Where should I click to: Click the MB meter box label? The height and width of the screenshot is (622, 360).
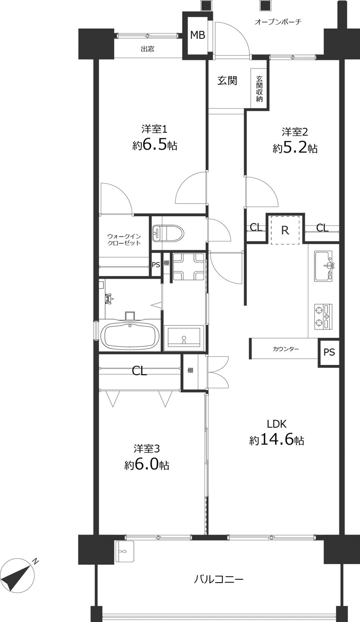click(198, 35)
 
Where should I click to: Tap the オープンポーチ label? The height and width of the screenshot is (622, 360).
click(278, 22)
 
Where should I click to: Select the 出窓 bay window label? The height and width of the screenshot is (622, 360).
click(147, 49)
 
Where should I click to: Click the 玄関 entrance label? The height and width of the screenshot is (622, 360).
click(227, 81)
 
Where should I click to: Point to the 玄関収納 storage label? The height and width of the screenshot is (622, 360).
click(259, 88)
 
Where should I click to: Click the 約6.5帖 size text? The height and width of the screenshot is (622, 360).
click(154, 145)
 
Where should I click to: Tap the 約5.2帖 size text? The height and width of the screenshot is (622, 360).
click(295, 148)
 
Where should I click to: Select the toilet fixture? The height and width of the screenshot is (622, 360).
click(168, 233)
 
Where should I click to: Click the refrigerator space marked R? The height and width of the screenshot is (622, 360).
click(285, 230)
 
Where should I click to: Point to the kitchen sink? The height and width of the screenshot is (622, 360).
click(324, 266)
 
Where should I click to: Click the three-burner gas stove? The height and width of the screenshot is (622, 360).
click(323, 317)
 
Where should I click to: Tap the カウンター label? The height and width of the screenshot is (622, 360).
click(286, 349)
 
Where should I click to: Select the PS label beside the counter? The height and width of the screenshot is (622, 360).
click(329, 352)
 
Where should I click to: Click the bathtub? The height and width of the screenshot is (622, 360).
click(130, 335)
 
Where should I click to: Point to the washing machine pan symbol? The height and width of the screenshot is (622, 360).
click(189, 266)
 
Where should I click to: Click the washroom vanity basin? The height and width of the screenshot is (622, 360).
click(184, 337)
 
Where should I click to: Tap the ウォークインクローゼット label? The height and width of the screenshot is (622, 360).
click(124, 240)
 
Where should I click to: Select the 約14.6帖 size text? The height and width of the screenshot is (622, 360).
click(276, 440)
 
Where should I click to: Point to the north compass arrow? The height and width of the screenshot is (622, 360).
click(18, 574)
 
